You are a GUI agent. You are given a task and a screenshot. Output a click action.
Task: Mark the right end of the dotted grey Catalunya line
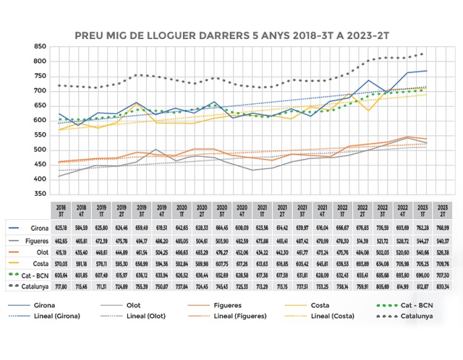422,54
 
